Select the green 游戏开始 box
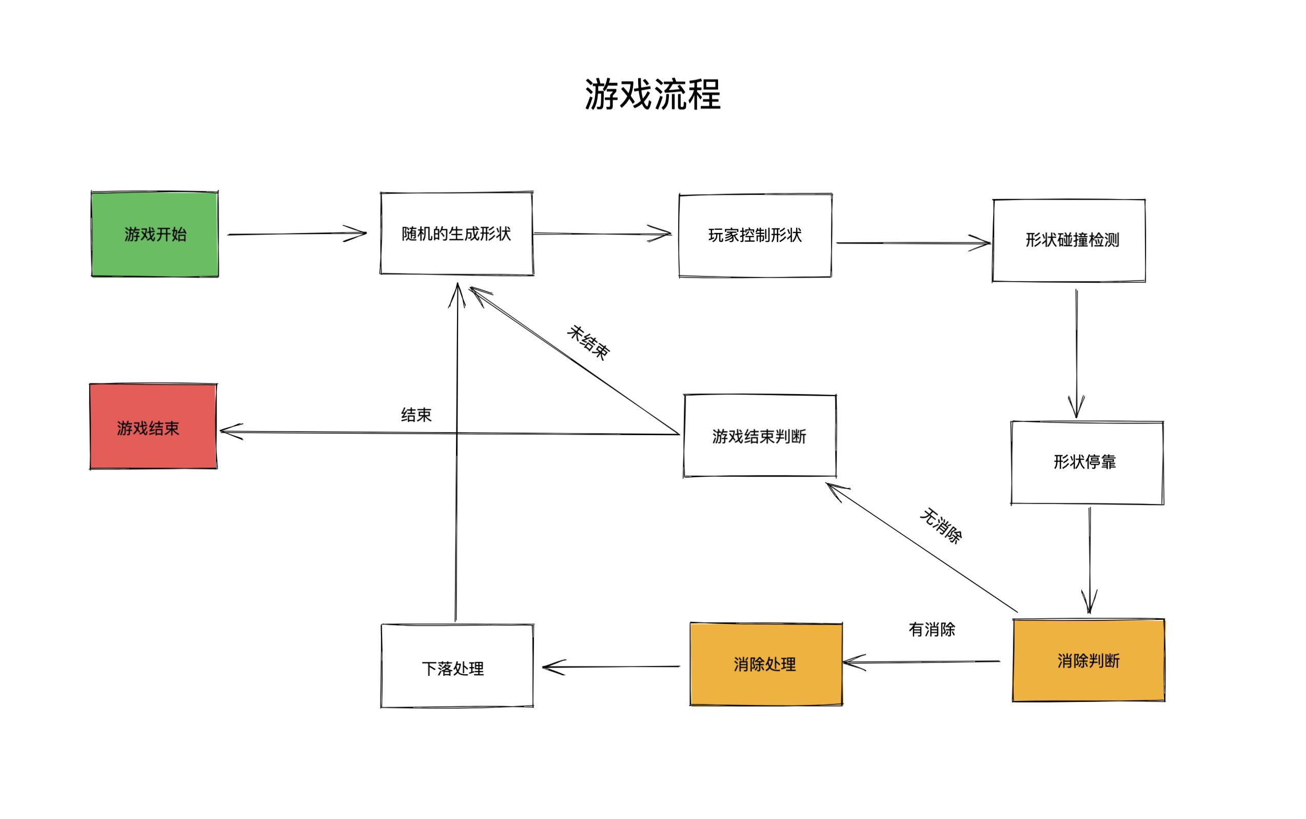pyautogui.click(x=155, y=234)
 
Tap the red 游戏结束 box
pyautogui.click(x=153, y=427)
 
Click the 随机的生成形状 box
pyautogui.click(x=457, y=233)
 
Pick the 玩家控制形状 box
pyautogui.click(x=755, y=236)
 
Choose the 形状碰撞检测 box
pyautogui.click(x=1068, y=241)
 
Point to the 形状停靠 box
pyautogui.click(x=1086, y=462)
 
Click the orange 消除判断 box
pyautogui.click(x=1088, y=660)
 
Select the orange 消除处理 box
pyautogui.click(x=766, y=664)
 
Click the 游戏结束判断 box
pyautogui.click(x=759, y=436)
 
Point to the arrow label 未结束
pyautogui.click(x=588, y=342)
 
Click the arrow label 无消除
pyautogui.click(x=941, y=525)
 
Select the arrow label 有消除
pyautogui.click(x=932, y=630)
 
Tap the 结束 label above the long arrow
pyautogui.click(x=416, y=415)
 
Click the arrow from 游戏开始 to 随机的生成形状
pyautogui.click(x=296, y=234)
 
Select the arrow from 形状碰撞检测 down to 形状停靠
pyautogui.click(x=1076, y=352)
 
